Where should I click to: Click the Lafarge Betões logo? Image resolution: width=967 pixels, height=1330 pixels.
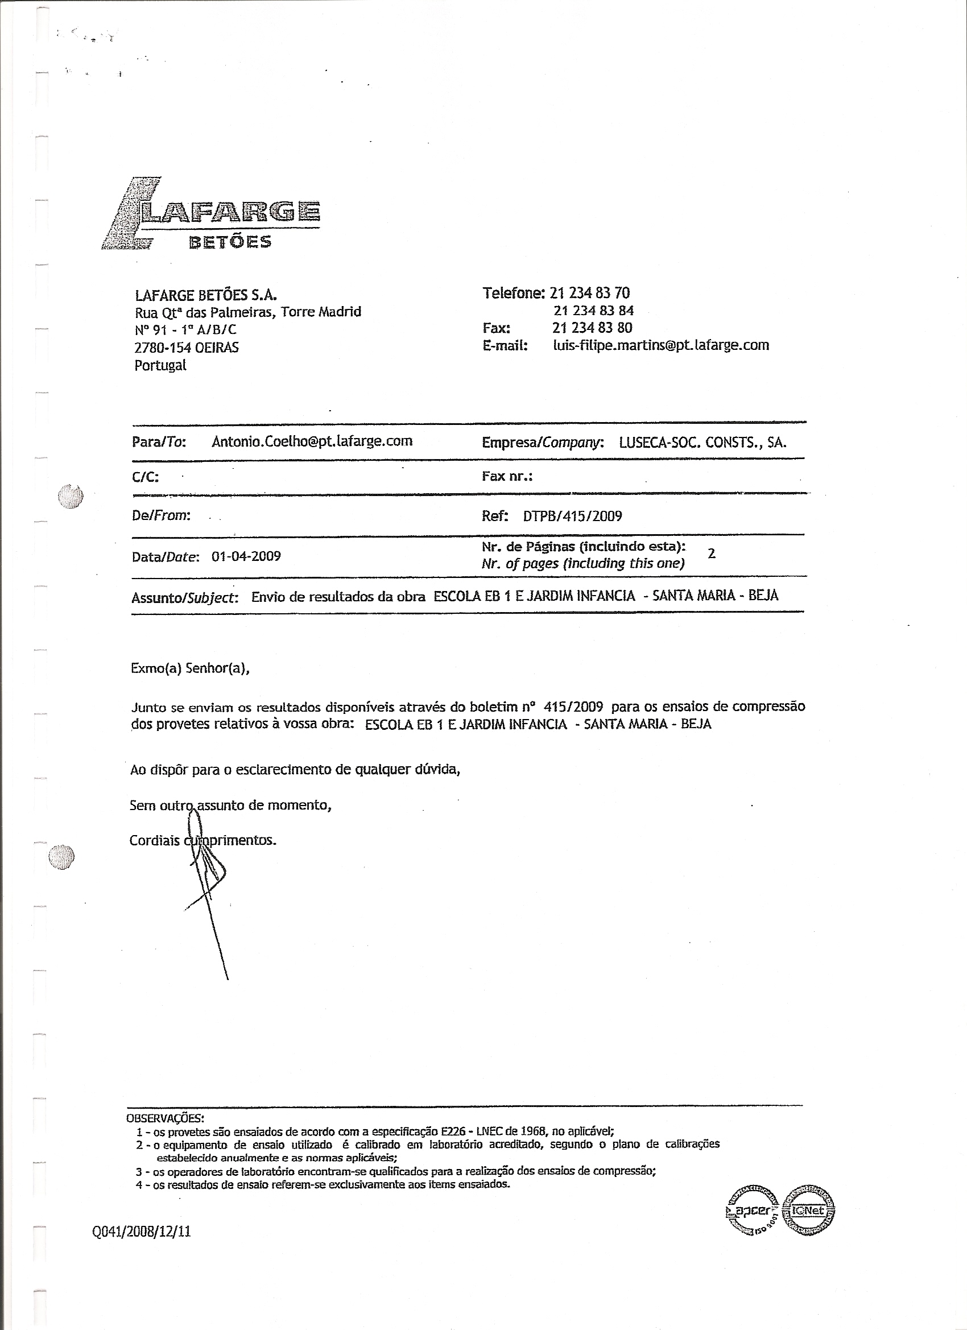(x=211, y=214)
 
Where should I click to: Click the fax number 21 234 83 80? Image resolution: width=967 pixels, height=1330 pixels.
(x=592, y=328)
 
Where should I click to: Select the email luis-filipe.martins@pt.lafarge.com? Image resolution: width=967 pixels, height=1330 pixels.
(x=661, y=345)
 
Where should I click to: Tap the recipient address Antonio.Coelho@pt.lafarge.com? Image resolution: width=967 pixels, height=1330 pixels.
(x=311, y=441)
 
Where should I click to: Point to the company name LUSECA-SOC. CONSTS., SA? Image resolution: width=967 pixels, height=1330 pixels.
(x=702, y=442)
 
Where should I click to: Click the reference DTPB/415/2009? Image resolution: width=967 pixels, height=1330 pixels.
(x=572, y=516)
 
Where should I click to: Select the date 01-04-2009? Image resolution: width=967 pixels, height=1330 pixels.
(x=246, y=556)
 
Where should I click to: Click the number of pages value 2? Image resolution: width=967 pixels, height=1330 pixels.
(x=712, y=553)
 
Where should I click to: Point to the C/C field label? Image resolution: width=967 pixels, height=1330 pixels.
(x=146, y=477)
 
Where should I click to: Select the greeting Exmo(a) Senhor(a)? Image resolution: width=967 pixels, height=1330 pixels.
(x=190, y=668)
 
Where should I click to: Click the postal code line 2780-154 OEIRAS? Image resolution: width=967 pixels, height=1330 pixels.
(x=187, y=347)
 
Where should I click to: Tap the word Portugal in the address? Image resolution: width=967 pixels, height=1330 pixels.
(x=160, y=365)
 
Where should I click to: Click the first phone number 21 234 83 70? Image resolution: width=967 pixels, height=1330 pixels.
(x=590, y=292)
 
